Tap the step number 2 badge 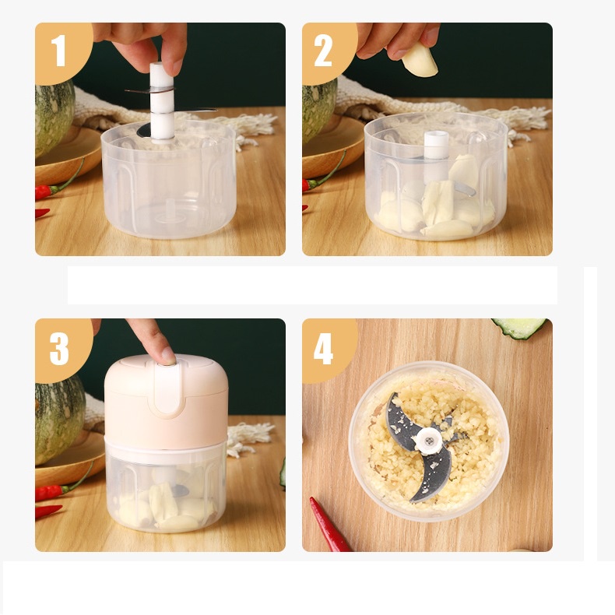[327, 50]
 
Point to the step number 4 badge [327, 348]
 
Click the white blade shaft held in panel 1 [162, 102]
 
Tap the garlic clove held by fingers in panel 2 [420, 60]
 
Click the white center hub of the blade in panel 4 [429, 441]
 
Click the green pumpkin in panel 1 [54, 117]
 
